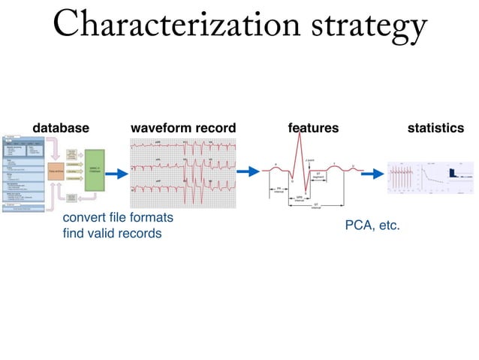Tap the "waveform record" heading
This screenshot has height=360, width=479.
[x=183, y=129]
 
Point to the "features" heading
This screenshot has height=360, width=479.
[x=313, y=129]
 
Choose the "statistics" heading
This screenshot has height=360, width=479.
[x=435, y=129]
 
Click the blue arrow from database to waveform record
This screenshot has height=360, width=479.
[x=116, y=174]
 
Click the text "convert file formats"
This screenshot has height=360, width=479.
[x=118, y=217]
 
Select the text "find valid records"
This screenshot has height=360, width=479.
[x=112, y=233]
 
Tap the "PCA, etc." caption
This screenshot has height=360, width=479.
[x=372, y=225]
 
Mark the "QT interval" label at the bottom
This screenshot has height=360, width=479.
[x=316, y=205]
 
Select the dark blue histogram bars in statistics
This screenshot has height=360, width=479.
[x=453, y=174]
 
